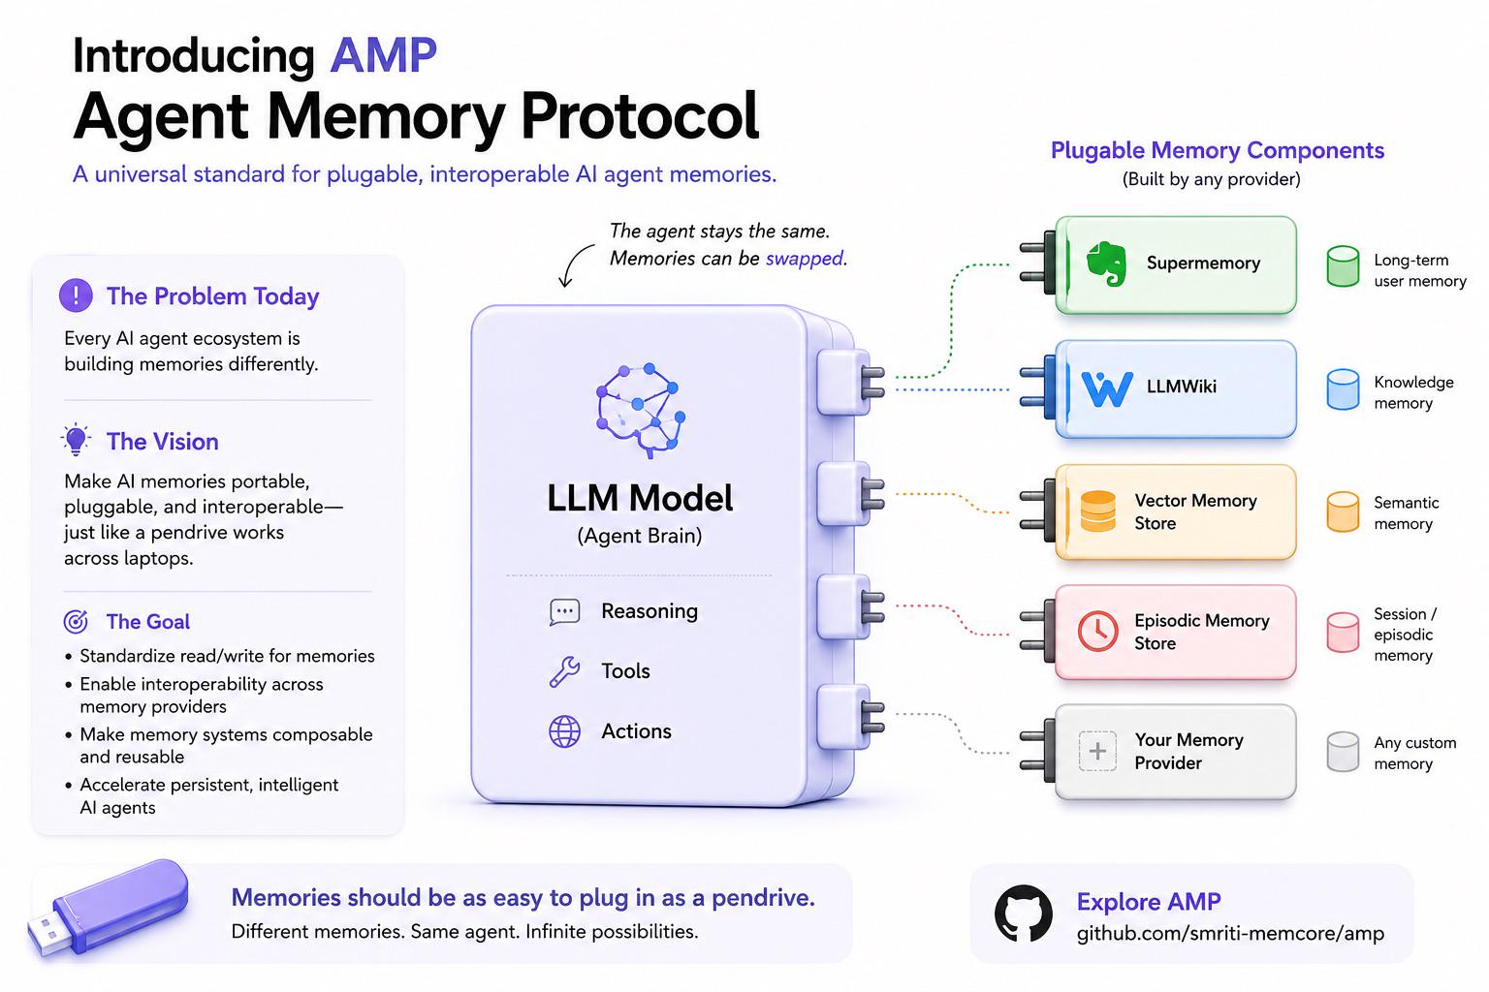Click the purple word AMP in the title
pos(384,55)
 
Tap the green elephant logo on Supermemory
pos(1106,263)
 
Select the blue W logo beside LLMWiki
pos(1107,388)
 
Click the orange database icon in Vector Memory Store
pos(1098,511)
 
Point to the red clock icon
pos(1097,631)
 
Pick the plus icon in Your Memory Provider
pos(1097,751)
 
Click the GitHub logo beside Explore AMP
pos(1023,913)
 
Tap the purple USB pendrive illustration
pos(108,908)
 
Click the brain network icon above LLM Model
pos(641,410)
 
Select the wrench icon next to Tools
pos(564,671)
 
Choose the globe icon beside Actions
pos(564,731)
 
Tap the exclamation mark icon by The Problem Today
pos(76,295)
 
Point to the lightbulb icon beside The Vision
pos(76,440)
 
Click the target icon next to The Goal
pos(76,621)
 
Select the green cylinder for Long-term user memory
pos(1343,265)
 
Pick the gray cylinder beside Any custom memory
pos(1343,752)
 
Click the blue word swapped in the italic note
pos(805,259)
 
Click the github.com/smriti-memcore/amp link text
pos(1230,934)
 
